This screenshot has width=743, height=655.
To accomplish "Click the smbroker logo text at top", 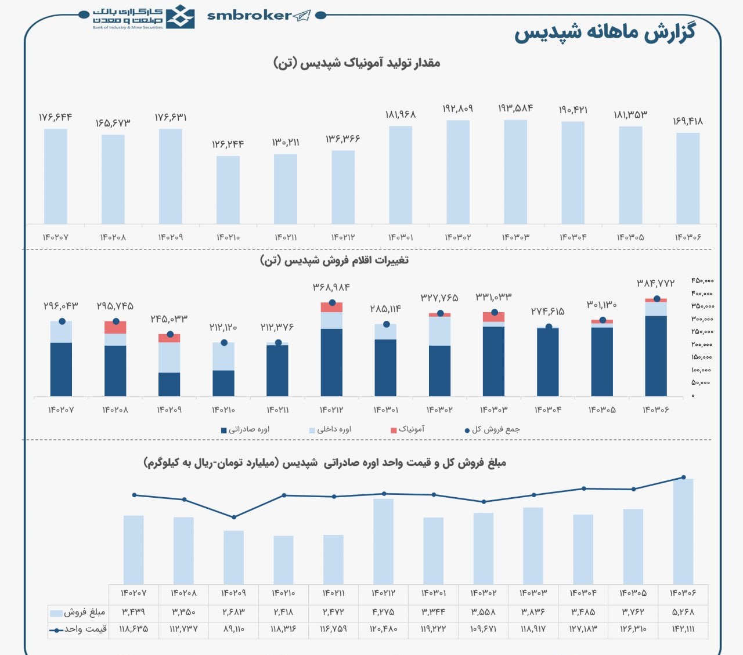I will [250, 16].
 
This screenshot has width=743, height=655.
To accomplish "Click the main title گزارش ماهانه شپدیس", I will [604, 32].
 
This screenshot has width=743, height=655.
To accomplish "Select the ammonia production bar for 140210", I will [228, 190].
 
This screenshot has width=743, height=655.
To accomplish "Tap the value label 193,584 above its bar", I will [515, 108].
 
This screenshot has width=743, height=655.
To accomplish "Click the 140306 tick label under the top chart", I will [688, 237].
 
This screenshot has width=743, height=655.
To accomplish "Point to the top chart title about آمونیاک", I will [356, 63].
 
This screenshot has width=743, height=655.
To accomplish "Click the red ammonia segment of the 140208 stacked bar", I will [116, 328].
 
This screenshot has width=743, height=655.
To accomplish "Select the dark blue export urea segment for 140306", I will [656, 355].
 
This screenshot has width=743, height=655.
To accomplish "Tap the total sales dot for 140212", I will [332, 303].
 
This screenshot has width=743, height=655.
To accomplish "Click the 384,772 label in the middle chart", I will [656, 284].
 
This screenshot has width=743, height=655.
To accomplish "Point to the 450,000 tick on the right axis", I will [702, 281].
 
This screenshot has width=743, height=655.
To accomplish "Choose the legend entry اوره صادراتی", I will [246, 429].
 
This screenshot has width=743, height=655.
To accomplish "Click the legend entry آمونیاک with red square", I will [408, 429].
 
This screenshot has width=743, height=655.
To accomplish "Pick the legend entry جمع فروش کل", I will [493, 429].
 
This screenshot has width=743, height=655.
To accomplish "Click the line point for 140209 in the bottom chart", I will [234, 518].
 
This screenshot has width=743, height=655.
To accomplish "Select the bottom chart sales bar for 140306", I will [683, 531].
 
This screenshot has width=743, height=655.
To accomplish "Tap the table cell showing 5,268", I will [683, 611].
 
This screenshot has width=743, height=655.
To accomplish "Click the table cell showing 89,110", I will [233, 629].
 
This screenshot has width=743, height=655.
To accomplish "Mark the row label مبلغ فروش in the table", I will [78, 612].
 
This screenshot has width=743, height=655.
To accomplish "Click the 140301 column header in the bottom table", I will [434, 594].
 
